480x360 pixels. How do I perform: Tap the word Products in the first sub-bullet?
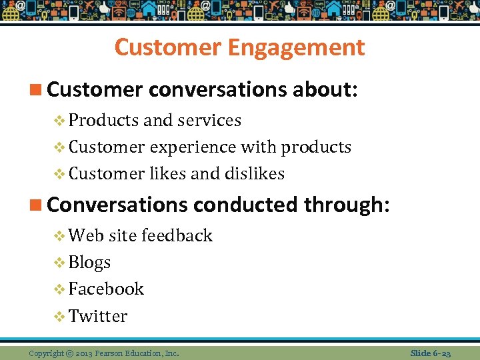[x=103, y=121]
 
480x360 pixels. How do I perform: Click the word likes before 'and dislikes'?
[x=167, y=174]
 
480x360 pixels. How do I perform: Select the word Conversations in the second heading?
[x=117, y=205]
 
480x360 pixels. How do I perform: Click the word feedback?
[x=177, y=235]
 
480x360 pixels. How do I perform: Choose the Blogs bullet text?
[x=89, y=263]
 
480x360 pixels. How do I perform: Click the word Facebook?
[x=106, y=289]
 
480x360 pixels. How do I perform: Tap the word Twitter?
[x=98, y=316]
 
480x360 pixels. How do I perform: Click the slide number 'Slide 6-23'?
[x=431, y=353]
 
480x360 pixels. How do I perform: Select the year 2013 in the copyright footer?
[x=84, y=353]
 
